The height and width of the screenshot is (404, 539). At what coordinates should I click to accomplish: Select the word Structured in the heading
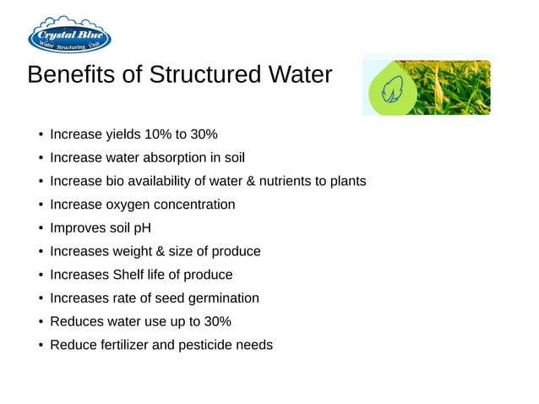[x=196, y=75]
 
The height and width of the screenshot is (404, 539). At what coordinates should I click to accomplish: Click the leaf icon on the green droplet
[x=394, y=87]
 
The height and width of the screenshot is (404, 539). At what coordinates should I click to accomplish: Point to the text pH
[x=142, y=228]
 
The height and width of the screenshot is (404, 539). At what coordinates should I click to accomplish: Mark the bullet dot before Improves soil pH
[x=41, y=228]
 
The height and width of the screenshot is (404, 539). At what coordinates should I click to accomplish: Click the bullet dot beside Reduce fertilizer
[x=41, y=345]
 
